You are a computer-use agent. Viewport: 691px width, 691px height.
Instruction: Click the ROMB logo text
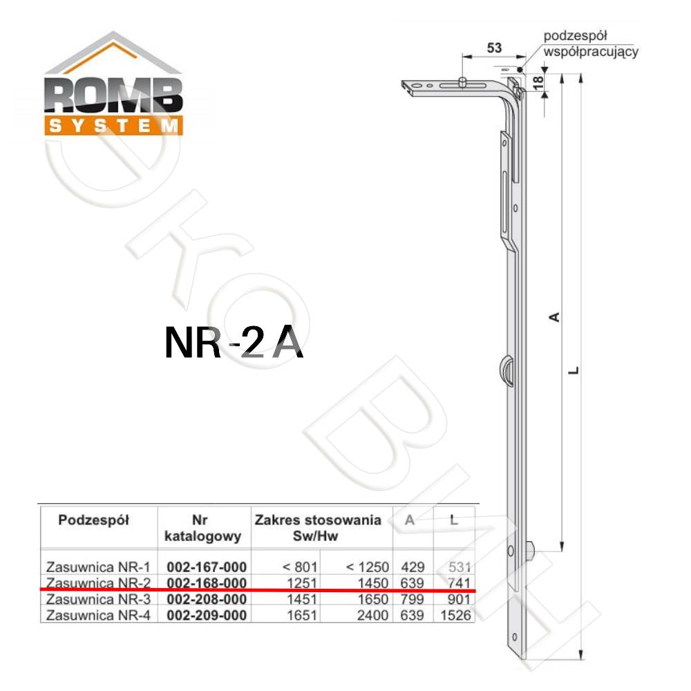[x=113, y=95]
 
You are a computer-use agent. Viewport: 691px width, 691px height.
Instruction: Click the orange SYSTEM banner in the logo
[x=113, y=126]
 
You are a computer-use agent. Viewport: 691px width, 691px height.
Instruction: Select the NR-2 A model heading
[x=234, y=343]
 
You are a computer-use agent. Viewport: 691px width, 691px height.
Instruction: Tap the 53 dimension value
[x=495, y=47]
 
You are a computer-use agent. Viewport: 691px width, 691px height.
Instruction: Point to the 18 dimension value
[x=538, y=82]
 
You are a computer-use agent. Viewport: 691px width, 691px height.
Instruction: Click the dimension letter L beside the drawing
[x=574, y=370]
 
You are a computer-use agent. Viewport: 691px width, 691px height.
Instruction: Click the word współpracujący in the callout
[x=591, y=52]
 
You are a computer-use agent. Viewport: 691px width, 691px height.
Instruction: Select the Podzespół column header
[x=93, y=520]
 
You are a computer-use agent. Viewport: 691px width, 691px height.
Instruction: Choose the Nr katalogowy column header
[x=202, y=528]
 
